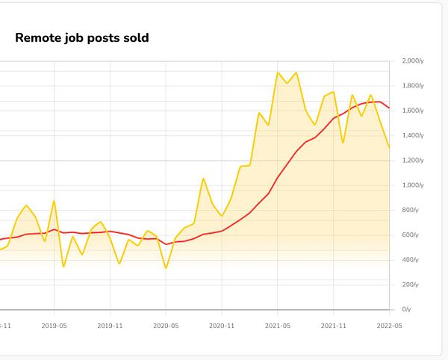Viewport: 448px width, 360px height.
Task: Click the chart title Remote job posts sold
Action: coord(82,37)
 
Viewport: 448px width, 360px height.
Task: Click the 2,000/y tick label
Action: coord(413,61)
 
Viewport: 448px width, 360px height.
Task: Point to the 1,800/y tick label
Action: coord(413,86)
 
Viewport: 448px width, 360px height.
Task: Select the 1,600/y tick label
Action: coord(413,111)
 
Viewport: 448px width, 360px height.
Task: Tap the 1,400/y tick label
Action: coord(413,135)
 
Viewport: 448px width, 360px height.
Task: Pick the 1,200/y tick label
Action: coord(413,161)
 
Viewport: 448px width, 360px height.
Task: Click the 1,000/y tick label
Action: coord(413,185)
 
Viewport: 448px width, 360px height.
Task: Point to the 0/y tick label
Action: coord(408,309)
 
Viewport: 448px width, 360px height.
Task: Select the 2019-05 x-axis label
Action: coord(55,326)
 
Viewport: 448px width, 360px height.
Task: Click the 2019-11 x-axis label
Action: coord(111,326)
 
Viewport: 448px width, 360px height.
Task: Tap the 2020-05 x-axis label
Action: coord(166,326)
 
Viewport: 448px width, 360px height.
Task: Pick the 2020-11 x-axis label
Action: coord(222,326)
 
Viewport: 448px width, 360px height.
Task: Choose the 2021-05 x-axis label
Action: coord(278,326)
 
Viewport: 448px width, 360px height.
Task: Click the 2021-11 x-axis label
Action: coord(333,326)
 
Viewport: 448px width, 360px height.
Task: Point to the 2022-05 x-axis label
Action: coord(389,326)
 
